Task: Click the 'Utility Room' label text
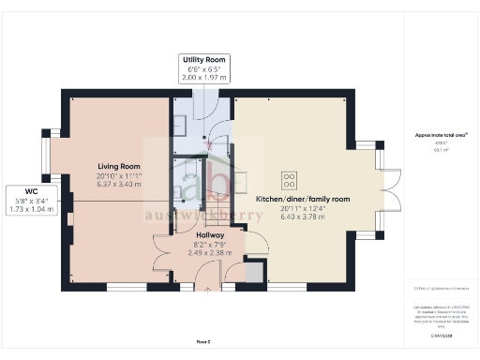coord(203,60)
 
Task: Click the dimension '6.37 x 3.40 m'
coord(118,185)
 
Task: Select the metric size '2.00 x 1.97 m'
coord(203,77)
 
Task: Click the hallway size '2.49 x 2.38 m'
coord(197,251)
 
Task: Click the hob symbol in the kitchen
coord(287,178)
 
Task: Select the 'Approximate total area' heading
coord(434,135)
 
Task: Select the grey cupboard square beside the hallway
coord(253,273)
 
